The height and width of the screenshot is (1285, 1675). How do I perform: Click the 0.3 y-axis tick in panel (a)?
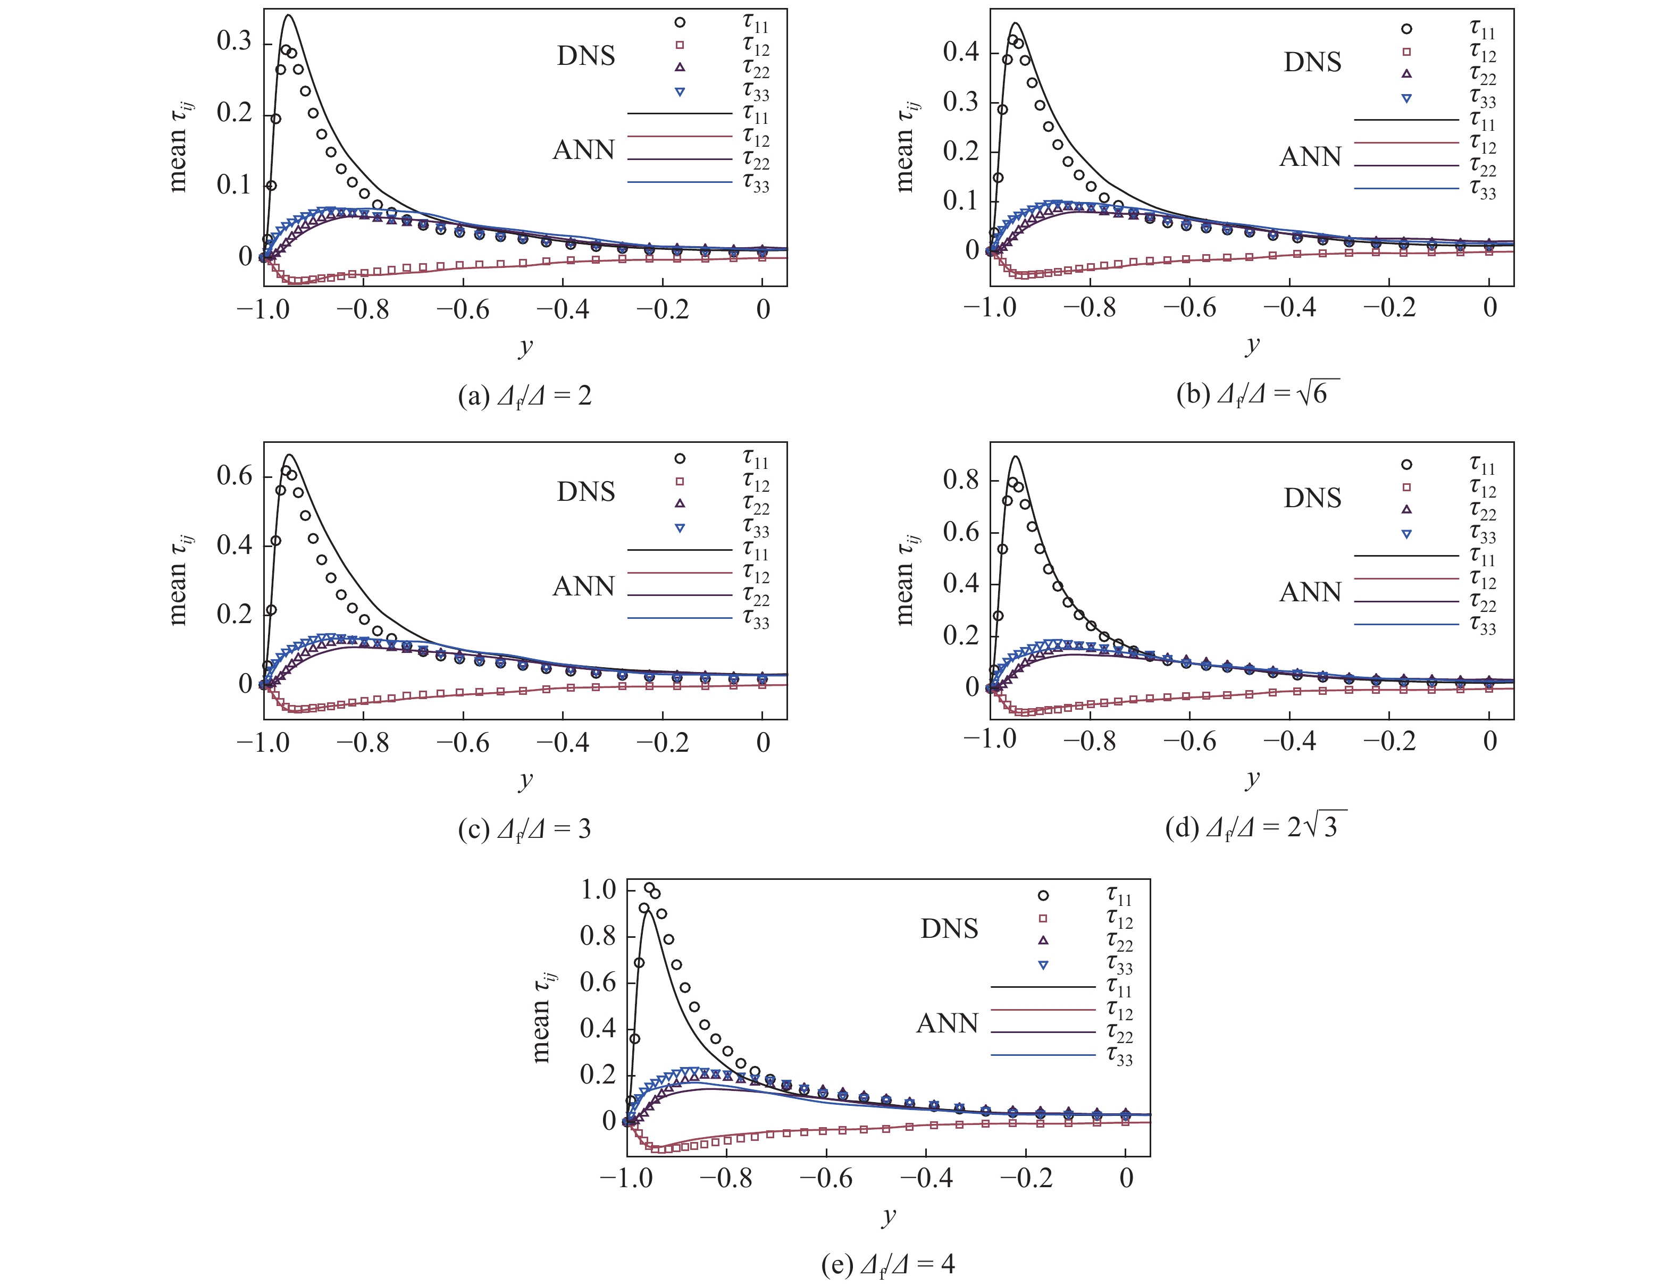coord(234,41)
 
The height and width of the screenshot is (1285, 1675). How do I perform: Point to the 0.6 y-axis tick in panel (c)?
coord(234,476)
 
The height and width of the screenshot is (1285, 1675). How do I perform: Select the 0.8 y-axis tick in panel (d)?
coord(961,480)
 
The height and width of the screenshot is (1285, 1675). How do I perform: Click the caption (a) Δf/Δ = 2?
coord(525,396)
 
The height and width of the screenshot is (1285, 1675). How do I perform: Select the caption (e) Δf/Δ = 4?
coord(888,1264)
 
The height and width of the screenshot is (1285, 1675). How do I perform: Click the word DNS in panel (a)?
coord(586,56)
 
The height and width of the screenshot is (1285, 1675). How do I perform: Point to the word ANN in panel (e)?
coord(947,1023)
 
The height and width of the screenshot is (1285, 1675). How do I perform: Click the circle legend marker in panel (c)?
coord(679,458)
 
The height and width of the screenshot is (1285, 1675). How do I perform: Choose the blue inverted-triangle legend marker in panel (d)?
coord(1406,534)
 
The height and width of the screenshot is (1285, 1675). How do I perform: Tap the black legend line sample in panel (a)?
coord(679,114)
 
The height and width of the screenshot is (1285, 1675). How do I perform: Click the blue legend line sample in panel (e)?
coord(1043,1055)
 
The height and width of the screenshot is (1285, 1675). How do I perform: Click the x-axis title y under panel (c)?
coord(525,779)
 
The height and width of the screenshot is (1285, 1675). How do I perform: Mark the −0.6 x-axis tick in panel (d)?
coord(1190,741)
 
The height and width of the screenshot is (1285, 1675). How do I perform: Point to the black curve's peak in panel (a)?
coord(289,15)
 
